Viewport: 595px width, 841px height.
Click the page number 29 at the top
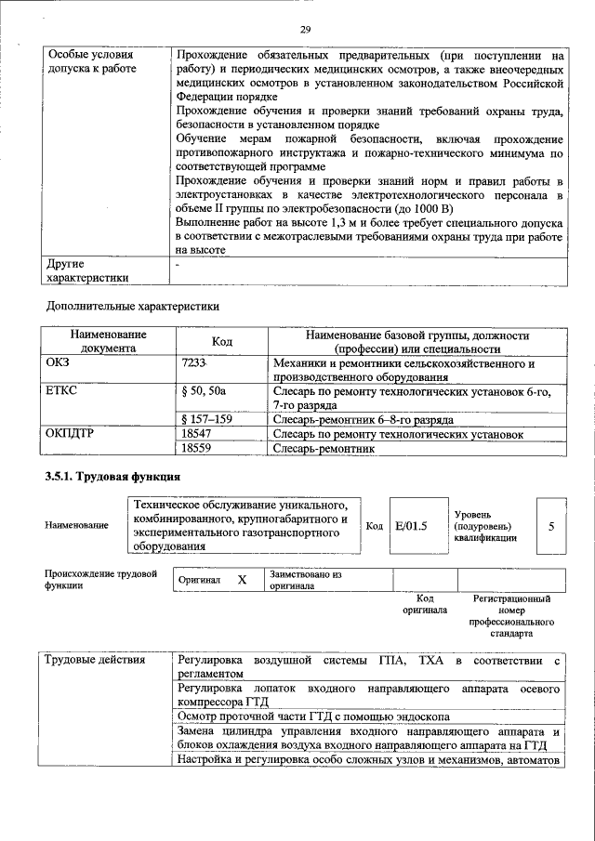pyautogui.click(x=305, y=30)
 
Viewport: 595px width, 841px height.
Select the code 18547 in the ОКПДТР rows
pyautogui.click(x=196, y=433)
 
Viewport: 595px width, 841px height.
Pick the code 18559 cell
pyautogui.click(x=196, y=448)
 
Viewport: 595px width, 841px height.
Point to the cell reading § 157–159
pyautogui.click(x=207, y=419)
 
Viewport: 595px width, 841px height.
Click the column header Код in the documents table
pyautogui.click(x=221, y=341)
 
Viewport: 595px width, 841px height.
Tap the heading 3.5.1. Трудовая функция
pyautogui.click(x=112, y=477)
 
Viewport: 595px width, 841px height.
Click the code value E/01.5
pyautogui.click(x=410, y=526)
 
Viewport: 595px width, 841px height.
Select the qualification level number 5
pyautogui.click(x=551, y=526)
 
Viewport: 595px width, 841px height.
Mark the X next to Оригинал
pyautogui.click(x=242, y=580)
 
